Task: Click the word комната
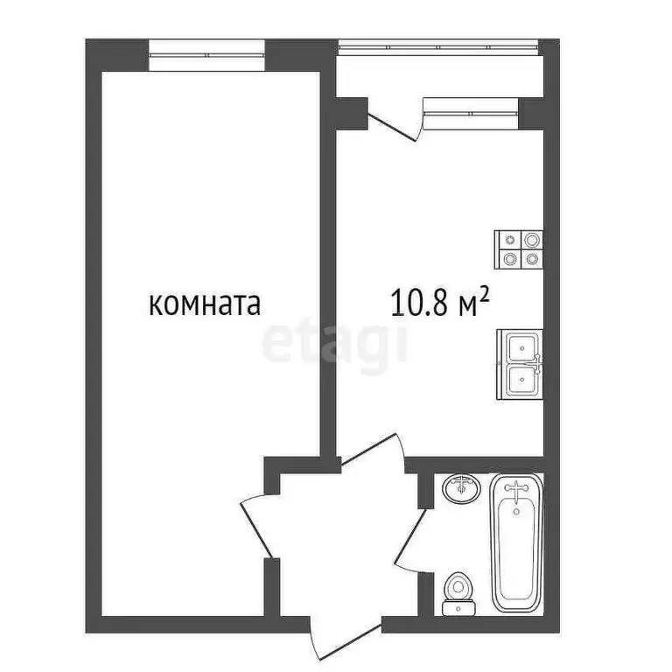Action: (206, 304)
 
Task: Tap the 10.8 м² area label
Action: (438, 304)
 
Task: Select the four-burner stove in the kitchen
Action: (519, 249)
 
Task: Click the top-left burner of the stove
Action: (508, 240)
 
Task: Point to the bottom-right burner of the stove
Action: (530, 259)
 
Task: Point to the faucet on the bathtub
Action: (517, 491)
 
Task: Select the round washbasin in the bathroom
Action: (460, 487)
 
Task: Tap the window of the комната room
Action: (206, 54)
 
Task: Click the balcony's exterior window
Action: (437, 43)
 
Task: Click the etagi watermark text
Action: (335, 342)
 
